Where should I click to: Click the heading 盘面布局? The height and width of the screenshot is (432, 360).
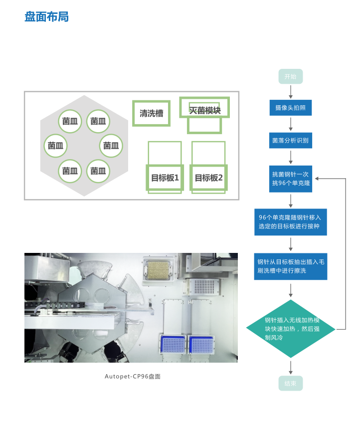(x=46, y=17)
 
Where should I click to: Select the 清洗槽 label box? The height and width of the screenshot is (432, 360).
(x=152, y=113)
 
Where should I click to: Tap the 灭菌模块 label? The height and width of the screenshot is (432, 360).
(x=204, y=110)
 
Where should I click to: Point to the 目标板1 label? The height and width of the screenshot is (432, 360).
(x=165, y=178)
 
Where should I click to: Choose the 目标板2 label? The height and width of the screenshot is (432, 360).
(x=208, y=178)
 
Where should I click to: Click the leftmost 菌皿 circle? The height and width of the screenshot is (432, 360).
(x=55, y=146)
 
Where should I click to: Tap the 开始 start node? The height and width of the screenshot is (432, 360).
(x=290, y=76)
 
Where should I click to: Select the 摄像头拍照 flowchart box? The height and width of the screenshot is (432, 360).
(x=290, y=107)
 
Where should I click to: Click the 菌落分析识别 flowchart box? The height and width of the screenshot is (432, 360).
(x=290, y=140)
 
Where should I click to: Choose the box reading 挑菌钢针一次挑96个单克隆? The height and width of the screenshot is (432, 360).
(x=290, y=179)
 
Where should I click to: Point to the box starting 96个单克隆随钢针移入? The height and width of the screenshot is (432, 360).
(x=290, y=222)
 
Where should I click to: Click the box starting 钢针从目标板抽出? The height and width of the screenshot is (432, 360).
(x=290, y=266)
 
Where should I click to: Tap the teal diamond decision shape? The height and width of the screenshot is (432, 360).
(x=291, y=329)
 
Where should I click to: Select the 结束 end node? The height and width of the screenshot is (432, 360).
(x=290, y=383)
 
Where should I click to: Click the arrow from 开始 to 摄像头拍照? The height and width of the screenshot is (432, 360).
(x=291, y=91)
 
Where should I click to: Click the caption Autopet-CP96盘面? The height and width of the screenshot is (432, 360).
(x=133, y=376)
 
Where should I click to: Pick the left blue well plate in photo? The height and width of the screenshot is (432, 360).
(x=172, y=345)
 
